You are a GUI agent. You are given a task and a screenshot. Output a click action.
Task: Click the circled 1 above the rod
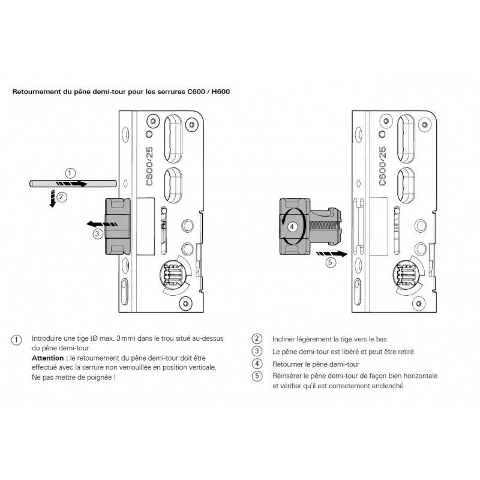[x=70, y=174]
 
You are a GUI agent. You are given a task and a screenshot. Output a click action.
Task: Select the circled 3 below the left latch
[x=97, y=234]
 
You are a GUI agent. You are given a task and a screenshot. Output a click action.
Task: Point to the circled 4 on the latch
[x=292, y=226]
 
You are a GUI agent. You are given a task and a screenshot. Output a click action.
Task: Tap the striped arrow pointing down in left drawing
[x=54, y=198]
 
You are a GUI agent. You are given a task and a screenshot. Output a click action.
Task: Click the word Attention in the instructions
[x=49, y=358]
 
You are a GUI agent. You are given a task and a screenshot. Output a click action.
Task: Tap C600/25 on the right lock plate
[x=382, y=162]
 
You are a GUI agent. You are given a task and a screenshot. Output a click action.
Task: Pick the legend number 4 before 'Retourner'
[x=257, y=364]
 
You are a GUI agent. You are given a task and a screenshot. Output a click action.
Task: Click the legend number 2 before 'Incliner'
[x=257, y=338]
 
